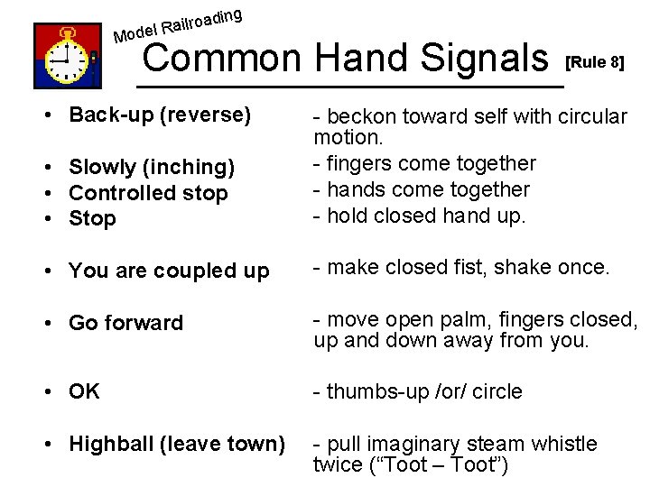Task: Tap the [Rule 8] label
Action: (x=594, y=64)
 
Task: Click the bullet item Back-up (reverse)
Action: (x=159, y=115)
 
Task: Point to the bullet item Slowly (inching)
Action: (x=152, y=167)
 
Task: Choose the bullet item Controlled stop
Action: (x=148, y=193)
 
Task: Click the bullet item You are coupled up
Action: (x=169, y=271)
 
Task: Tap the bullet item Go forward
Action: (x=125, y=323)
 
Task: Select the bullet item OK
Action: (x=84, y=391)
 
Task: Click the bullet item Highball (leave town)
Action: (x=177, y=444)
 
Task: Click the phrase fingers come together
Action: (x=432, y=163)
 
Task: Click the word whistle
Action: (x=563, y=444)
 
